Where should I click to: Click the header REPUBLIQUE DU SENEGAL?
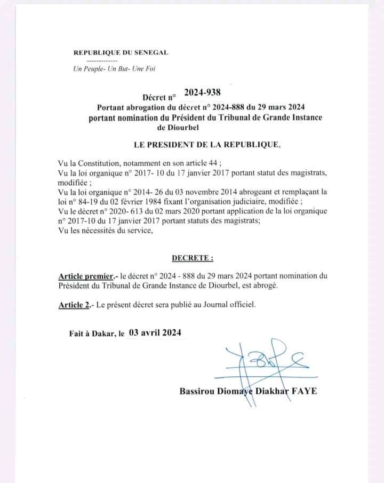[121, 52]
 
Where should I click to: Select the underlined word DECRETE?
[192, 258]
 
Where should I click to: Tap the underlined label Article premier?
[85, 276]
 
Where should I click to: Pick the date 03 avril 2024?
[155, 333]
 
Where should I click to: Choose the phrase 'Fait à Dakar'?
[92, 333]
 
